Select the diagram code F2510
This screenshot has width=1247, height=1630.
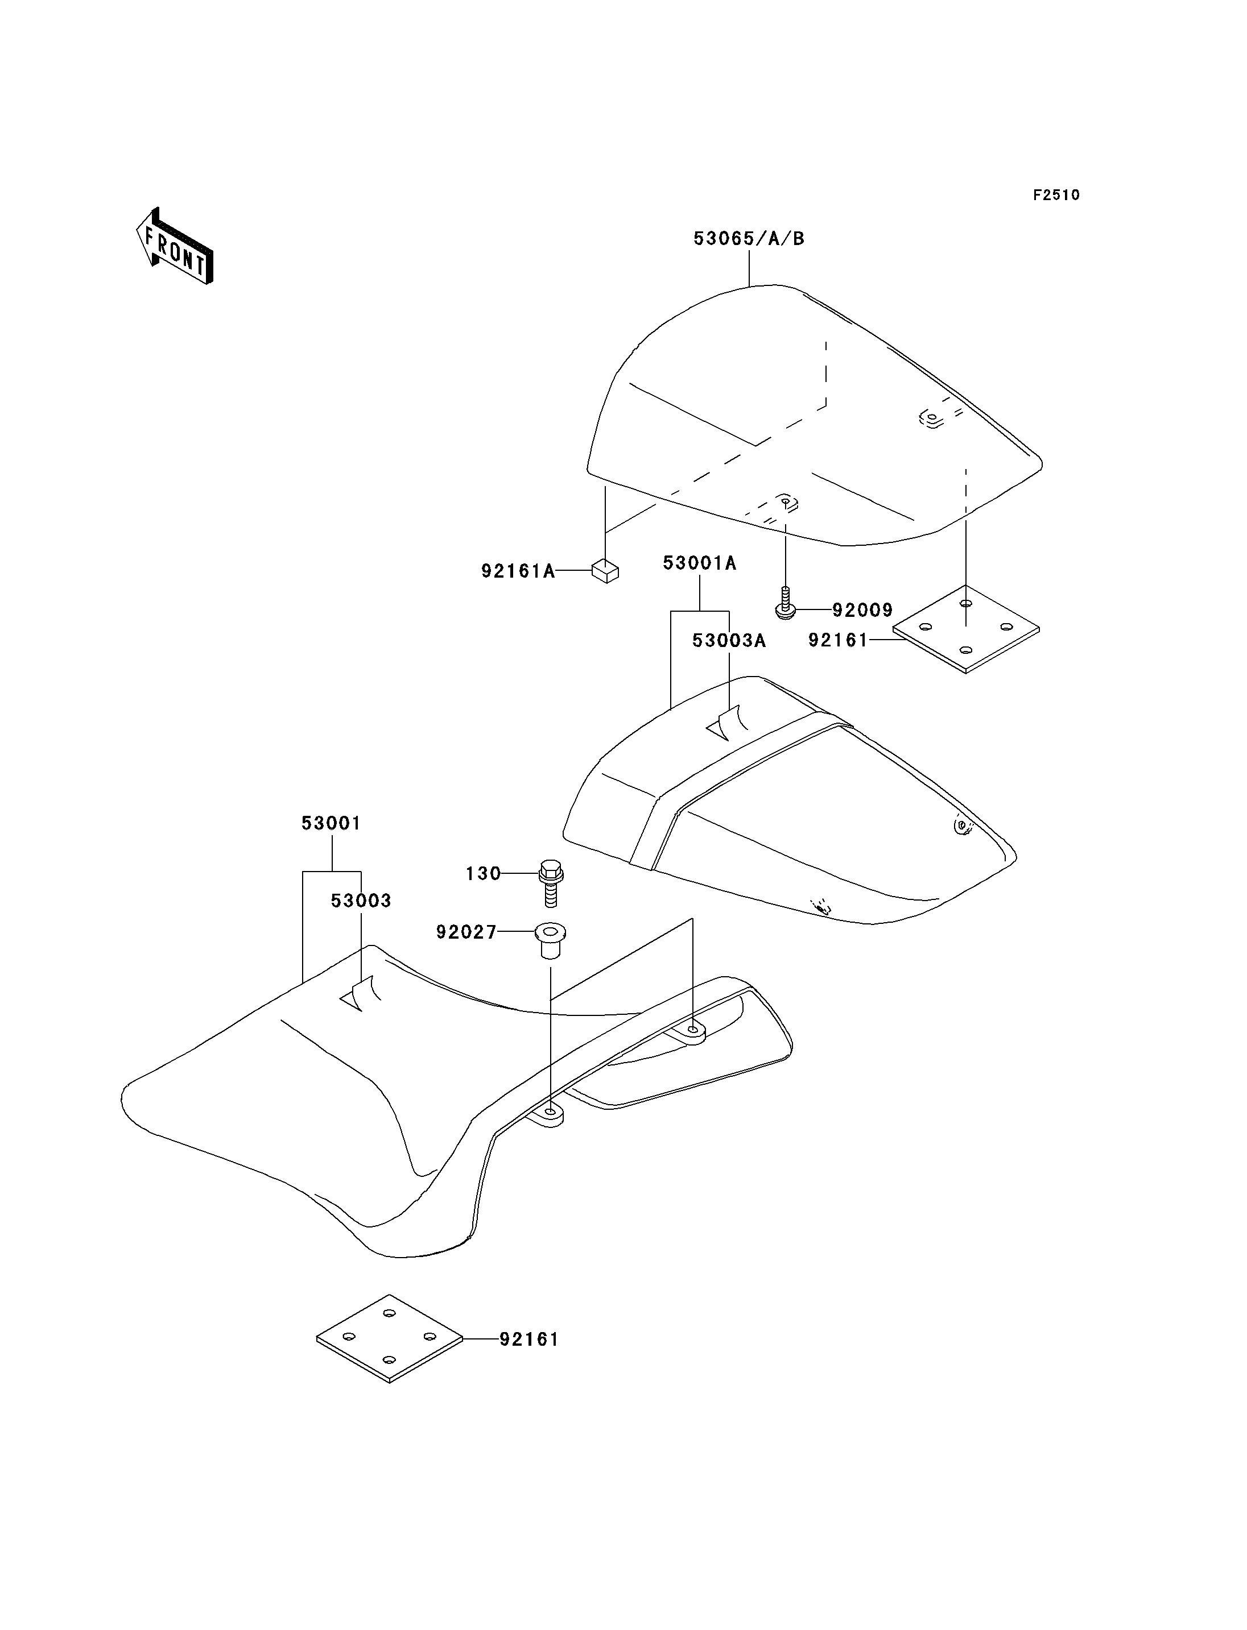tap(1056, 195)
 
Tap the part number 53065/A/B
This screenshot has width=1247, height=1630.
tap(749, 239)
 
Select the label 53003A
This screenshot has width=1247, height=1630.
tap(729, 641)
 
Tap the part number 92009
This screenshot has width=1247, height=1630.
tap(862, 611)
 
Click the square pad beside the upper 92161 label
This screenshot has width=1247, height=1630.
tap(965, 629)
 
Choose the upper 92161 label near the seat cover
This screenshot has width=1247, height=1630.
tap(838, 640)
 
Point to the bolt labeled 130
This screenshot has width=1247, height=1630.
tap(550, 883)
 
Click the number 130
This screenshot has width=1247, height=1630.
tap(483, 874)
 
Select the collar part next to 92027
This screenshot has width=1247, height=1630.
tap(550, 941)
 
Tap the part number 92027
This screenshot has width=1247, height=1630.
tap(466, 932)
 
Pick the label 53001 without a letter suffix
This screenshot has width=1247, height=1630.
tap(331, 824)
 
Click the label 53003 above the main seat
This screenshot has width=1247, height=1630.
tap(361, 901)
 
